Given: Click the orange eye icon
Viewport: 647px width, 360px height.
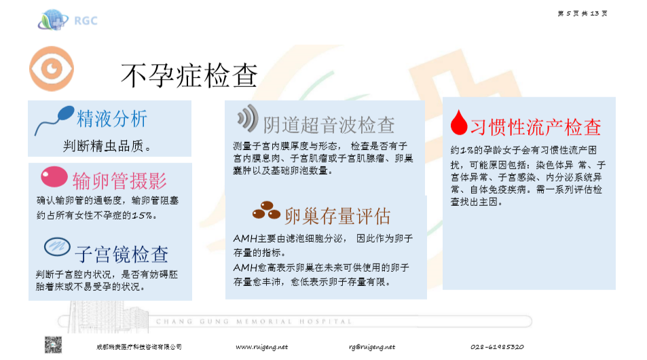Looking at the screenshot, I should (x=52, y=69).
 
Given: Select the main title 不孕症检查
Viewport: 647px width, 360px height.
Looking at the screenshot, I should (x=189, y=75).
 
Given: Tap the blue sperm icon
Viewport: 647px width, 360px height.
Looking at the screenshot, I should (x=54, y=120).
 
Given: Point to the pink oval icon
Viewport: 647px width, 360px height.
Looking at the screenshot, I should (x=54, y=177).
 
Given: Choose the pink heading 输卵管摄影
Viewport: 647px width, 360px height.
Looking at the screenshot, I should (x=119, y=181).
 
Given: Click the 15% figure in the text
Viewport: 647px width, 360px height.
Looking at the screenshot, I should (x=141, y=216).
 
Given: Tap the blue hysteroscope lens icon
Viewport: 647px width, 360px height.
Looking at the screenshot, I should (x=56, y=246).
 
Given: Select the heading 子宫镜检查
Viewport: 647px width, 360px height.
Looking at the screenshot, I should (x=122, y=254).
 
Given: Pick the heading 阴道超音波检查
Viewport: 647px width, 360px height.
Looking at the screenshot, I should (x=329, y=125).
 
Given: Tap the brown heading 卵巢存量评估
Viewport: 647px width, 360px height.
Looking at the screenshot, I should (x=338, y=216).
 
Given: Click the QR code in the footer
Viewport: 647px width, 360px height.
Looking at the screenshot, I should (x=54, y=344).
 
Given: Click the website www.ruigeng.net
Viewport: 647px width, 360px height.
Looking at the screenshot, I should (x=261, y=346).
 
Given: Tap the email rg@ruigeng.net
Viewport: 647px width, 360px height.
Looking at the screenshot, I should (x=371, y=346).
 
